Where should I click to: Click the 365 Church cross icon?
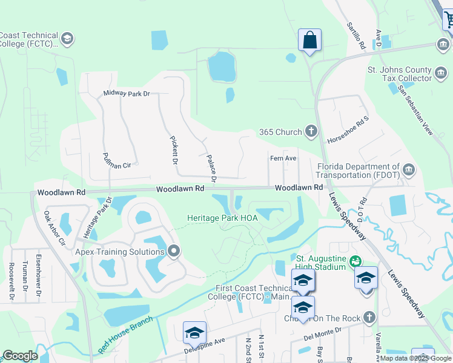point(311,131)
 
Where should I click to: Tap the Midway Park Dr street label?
point(126,93)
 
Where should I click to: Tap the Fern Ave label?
point(283,159)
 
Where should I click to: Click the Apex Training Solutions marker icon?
point(174,251)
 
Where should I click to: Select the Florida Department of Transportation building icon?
point(409,169)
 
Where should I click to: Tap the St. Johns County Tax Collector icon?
point(441,71)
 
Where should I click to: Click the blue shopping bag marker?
point(309,41)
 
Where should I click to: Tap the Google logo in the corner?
point(20,356)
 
